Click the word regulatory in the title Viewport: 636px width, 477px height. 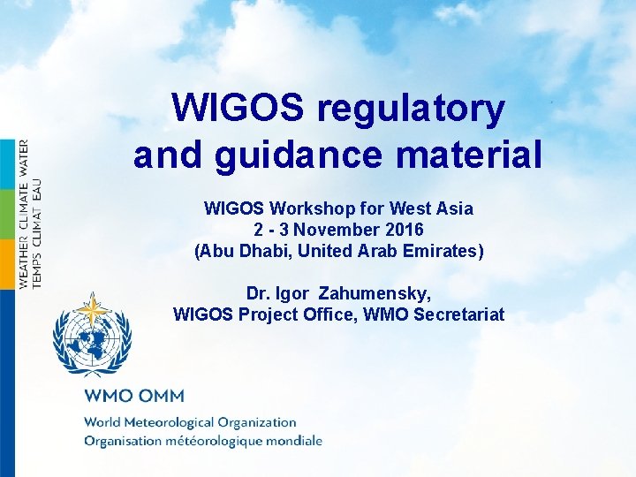pyautogui.click(x=412, y=110)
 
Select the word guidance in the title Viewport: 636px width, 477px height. pyautogui.click(x=297, y=155)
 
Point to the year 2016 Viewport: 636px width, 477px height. pyautogui.click(x=403, y=230)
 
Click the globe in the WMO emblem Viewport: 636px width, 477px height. pyautogui.click(x=92, y=341)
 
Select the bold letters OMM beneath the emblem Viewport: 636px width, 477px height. pyautogui.click(x=161, y=396)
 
